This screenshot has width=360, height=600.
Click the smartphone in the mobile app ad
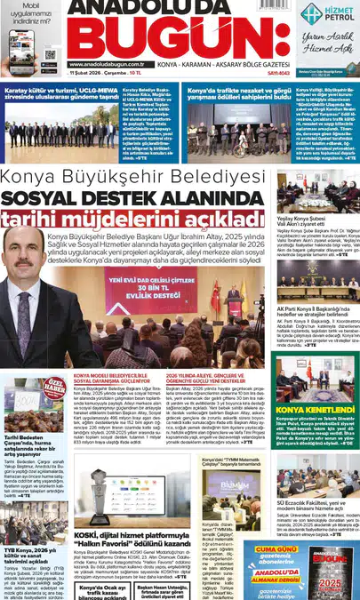[25, 44]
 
